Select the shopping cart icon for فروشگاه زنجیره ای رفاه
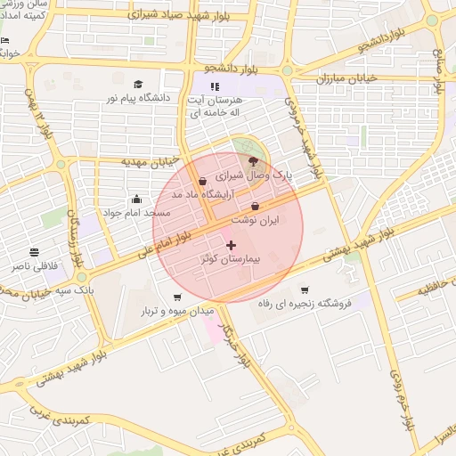point(305,290)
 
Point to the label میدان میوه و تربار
point(176,312)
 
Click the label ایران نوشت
point(256,219)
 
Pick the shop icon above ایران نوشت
point(256,207)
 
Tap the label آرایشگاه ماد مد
point(202,194)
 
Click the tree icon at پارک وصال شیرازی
point(253,162)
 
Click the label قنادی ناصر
point(34,266)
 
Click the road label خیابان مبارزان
point(349,78)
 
